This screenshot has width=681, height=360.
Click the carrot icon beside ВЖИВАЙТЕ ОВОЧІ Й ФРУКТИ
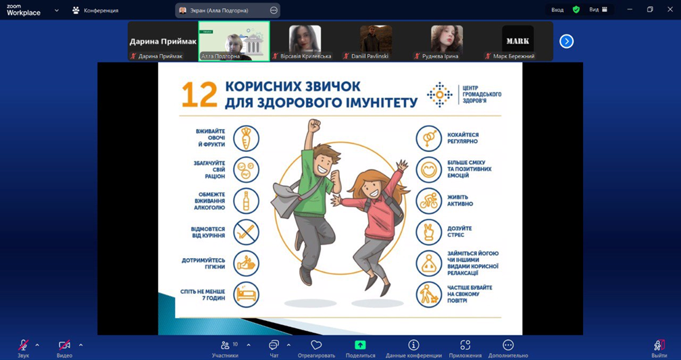click(x=246, y=138)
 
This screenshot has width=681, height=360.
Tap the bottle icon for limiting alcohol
click(x=246, y=201)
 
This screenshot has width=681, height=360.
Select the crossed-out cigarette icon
click(x=246, y=232)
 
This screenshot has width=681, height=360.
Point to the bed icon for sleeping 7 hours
click(x=246, y=295)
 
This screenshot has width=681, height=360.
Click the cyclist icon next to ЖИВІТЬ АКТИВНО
click(x=428, y=201)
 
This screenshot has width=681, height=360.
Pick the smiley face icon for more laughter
click(x=428, y=170)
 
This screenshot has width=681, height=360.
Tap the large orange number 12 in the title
click(x=199, y=95)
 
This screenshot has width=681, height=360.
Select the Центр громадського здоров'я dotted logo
click(x=440, y=95)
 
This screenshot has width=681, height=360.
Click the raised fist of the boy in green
click(x=313, y=126)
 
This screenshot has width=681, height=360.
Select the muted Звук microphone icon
click(x=24, y=344)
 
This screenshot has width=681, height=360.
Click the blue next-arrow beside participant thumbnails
click(x=566, y=41)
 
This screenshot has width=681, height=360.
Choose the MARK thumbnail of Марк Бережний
click(x=518, y=39)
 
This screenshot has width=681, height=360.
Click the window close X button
click(x=670, y=9)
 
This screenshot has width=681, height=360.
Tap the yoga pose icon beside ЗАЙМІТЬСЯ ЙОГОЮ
click(x=428, y=263)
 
